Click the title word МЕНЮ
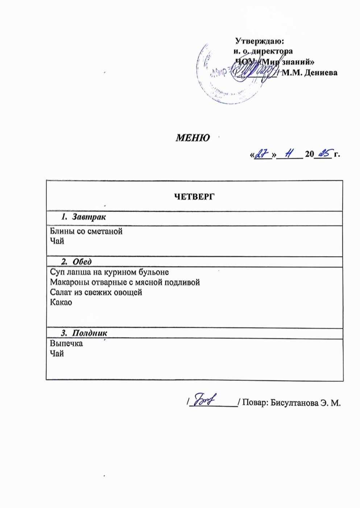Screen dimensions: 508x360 tap(193, 138)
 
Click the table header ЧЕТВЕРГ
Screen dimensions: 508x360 tap(194, 196)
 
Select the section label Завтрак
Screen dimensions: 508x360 tap(89, 217)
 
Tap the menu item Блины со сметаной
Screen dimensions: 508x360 tap(86, 231)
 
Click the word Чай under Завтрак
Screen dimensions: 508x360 tap(57, 241)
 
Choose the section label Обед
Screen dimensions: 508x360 tap(82, 262)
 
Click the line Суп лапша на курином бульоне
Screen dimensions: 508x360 tap(109, 272)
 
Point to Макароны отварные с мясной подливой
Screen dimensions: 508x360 tap(125, 282)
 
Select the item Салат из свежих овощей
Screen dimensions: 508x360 tap(96, 292)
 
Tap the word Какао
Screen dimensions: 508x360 tap(61, 302)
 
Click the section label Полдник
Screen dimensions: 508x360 tap(89, 333)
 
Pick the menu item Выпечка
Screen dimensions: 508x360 tap(66, 343)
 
